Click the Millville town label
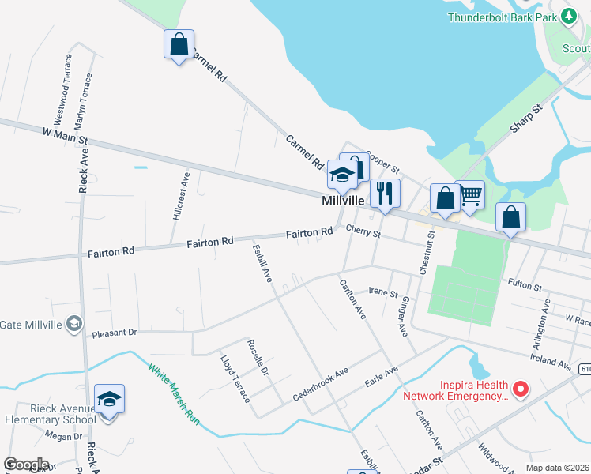pos(344,201)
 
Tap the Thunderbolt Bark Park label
pos(501,17)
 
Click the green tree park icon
pos(567,17)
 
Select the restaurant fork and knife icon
pos(385,193)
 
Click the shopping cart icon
pos(470,194)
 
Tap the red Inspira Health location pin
pos(520,389)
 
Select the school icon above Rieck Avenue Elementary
pos(110,400)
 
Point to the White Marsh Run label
pos(173,393)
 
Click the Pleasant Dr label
pos(115,333)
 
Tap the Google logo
pos(26,465)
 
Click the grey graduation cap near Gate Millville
pos(73,323)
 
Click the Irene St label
pos(384,292)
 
